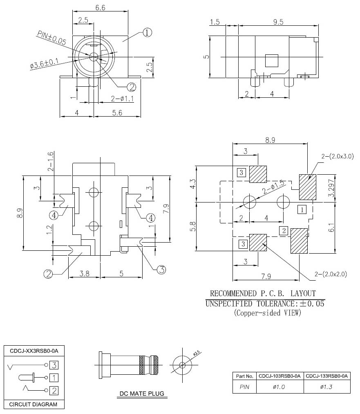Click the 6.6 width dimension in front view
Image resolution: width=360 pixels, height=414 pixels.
[x=100, y=8]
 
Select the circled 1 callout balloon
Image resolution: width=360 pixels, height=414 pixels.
[x=148, y=32]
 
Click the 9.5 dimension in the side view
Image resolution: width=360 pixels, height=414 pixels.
[x=278, y=22]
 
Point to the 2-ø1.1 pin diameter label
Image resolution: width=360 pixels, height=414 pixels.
[x=123, y=99]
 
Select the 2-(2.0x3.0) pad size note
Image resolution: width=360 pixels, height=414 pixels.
[x=337, y=156]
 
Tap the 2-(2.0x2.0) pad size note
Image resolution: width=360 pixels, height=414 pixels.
[x=331, y=274]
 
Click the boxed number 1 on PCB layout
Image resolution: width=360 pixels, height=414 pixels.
[x=302, y=210]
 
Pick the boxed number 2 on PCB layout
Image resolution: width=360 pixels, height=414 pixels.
[x=283, y=230]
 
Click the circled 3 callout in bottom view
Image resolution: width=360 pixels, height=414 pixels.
[x=161, y=270]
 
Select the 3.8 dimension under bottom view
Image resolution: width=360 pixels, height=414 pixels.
[x=84, y=274]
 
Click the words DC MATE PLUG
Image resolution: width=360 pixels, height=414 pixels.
[x=141, y=394]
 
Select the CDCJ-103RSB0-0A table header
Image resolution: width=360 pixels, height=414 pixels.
[x=280, y=376]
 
